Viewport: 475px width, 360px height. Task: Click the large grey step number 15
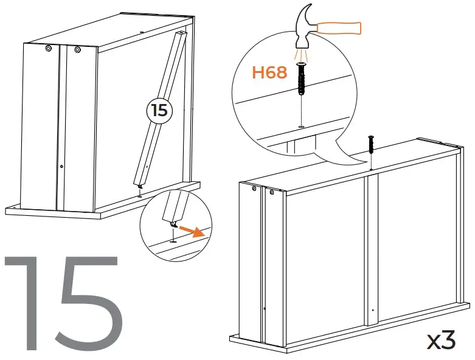[x=64, y=302]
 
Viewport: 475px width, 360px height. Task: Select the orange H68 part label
[x=269, y=73]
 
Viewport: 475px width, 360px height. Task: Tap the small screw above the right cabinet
[x=370, y=145]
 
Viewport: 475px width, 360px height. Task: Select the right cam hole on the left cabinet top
[x=77, y=50]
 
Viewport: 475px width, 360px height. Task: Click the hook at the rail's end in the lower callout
[x=173, y=226]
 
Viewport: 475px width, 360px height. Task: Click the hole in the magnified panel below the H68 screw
[x=300, y=127]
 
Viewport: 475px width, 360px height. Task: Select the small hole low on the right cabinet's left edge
[x=265, y=309]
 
